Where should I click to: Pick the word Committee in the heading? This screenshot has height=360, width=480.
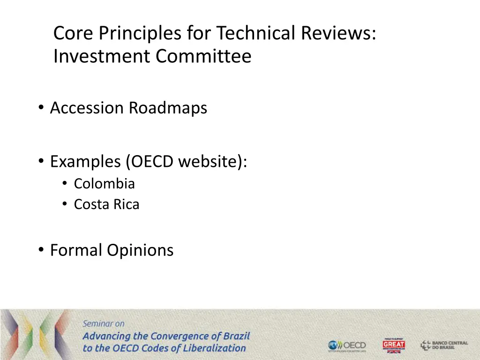(x=204, y=57)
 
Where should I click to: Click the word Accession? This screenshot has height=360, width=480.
(x=87, y=108)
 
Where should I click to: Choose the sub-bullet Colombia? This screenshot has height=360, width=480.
(x=104, y=184)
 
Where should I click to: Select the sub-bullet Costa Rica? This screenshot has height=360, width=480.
(x=106, y=205)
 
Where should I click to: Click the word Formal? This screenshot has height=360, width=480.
(x=76, y=250)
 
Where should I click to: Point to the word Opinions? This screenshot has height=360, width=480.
(x=140, y=250)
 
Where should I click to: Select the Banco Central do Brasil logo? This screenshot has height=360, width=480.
(x=444, y=345)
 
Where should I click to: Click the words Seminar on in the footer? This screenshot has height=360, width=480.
(x=104, y=323)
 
